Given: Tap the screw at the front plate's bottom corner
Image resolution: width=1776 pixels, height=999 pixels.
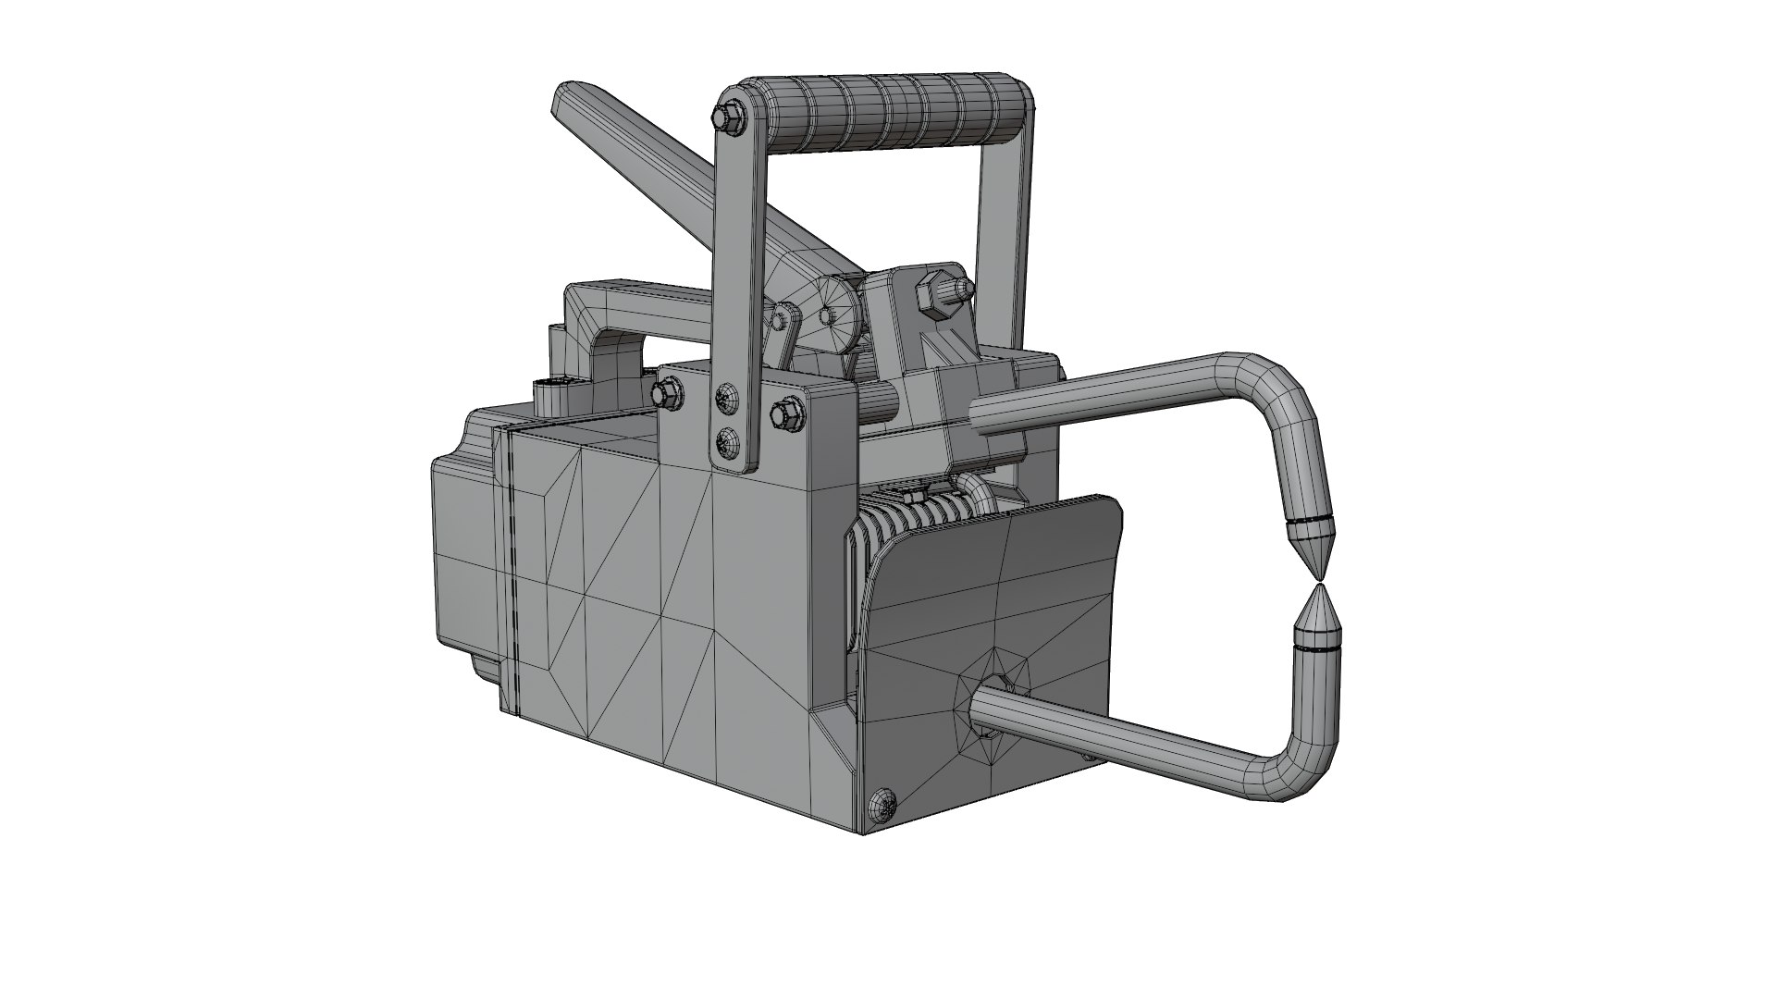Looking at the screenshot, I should [884, 803].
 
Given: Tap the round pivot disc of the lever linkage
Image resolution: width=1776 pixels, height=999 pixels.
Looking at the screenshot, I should [838, 314].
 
